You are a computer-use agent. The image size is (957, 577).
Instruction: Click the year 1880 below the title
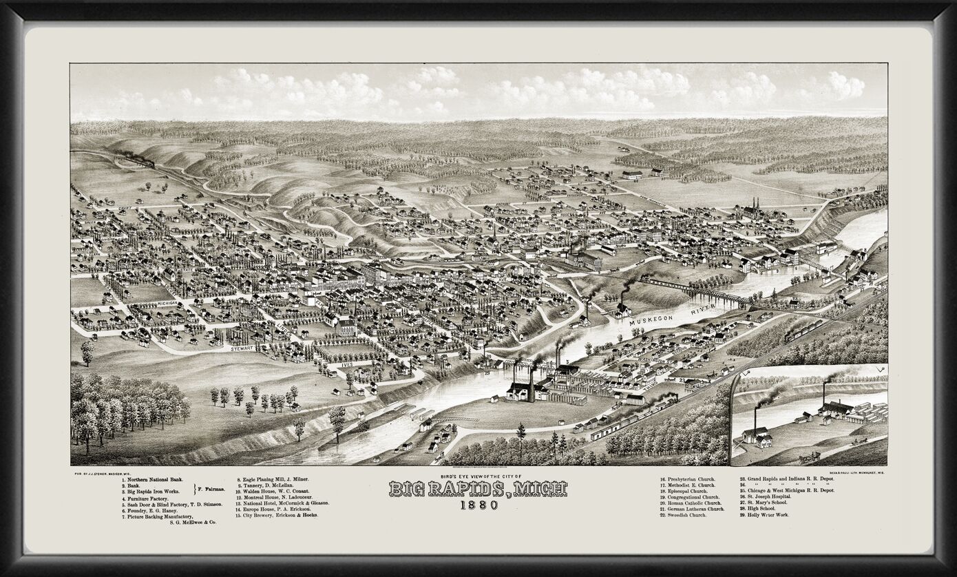477,505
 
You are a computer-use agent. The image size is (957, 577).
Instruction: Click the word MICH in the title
536,489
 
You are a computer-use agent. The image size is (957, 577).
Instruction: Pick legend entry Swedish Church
682,515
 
